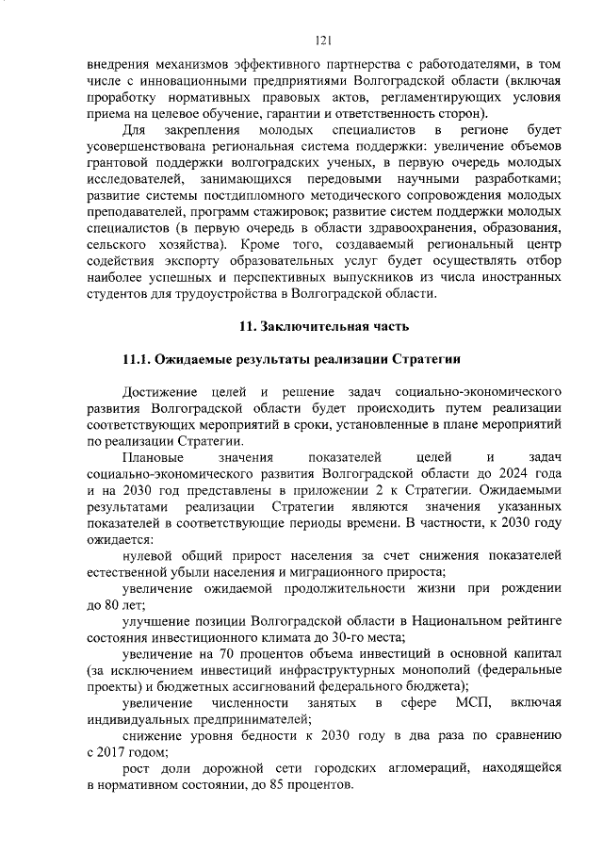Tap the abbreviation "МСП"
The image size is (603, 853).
click(x=474, y=703)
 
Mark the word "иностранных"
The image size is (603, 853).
click(x=516, y=277)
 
